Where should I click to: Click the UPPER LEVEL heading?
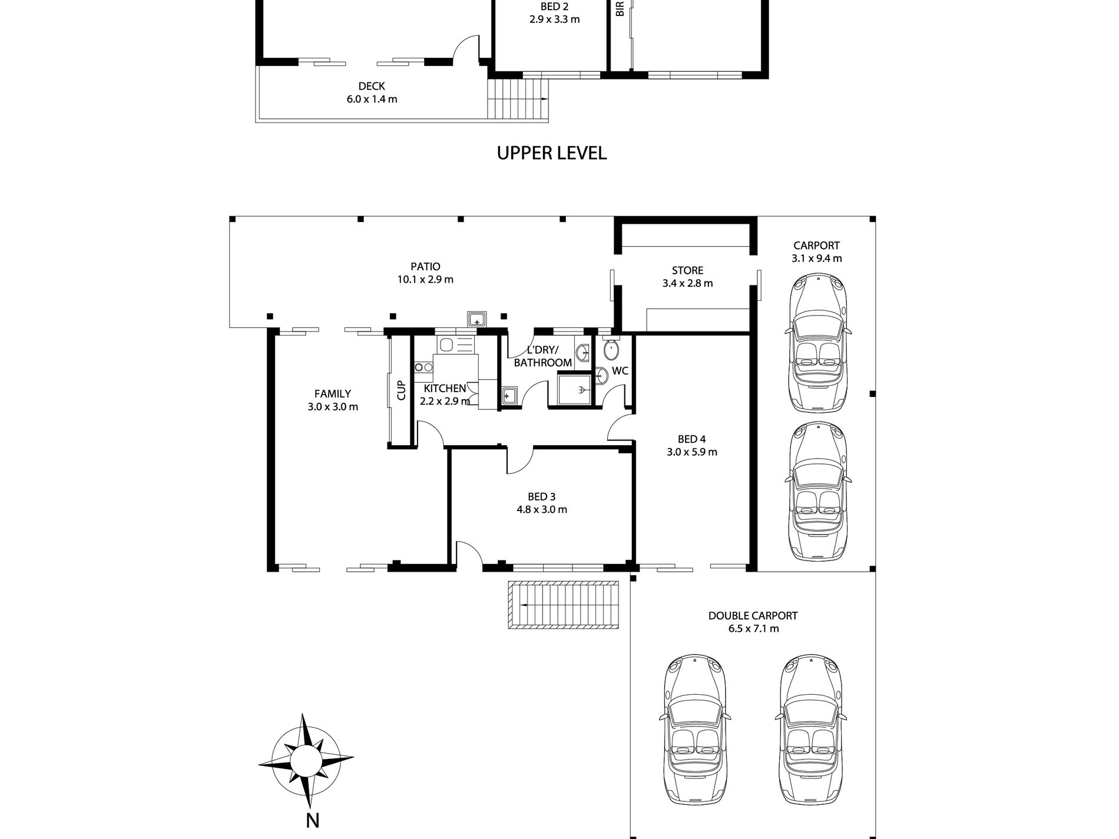[x=552, y=153]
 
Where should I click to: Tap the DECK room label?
[x=372, y=87]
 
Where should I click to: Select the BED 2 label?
[x=554, y=7]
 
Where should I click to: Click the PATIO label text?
[x=425, y=267]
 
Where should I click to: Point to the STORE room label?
[x=687, y=271]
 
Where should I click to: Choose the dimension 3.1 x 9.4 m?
[x=817, y=258]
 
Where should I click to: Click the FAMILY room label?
[x=333, y=394]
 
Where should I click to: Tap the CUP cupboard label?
[x=402, y=390]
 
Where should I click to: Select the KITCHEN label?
[x=445, y=389]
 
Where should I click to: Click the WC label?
[x=620, y=371]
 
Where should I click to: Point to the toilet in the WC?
[x=612, y=349]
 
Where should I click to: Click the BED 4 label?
[x=691, y=439]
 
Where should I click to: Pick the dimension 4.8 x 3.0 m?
[x=542, y=510]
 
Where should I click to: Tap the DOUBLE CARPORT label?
[x=753, y=616]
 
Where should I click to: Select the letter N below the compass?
[x=312, y=820]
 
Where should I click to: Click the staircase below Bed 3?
[x=564, y=605]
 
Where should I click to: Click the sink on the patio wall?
[x=476, y=320]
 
